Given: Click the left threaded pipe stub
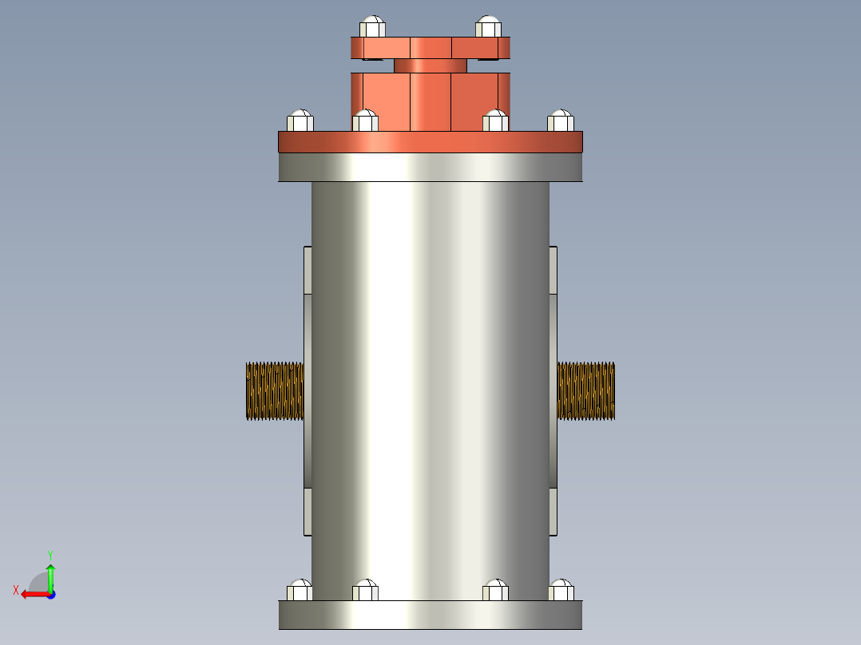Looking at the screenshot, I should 274,391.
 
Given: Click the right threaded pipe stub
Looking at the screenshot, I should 586,391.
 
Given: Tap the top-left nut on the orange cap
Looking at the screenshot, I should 372,27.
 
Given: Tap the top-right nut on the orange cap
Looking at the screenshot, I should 488,27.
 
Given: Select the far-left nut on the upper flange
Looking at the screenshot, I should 300,121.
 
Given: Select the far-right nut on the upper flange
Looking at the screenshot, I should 561,121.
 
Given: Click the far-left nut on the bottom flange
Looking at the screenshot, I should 300,591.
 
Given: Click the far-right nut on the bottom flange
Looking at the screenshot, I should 561,591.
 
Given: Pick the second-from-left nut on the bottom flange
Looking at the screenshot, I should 365,591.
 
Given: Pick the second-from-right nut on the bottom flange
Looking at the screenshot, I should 495,591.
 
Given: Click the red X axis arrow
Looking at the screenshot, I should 32,594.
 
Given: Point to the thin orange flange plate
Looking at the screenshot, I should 430,142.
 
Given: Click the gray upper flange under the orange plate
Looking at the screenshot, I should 430,167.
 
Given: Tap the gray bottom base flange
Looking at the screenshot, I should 430,615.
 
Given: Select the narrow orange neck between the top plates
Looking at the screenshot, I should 430,65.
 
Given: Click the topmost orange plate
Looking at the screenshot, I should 430,47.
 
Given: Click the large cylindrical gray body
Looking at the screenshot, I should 430,383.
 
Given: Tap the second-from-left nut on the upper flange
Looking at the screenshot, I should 365,121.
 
